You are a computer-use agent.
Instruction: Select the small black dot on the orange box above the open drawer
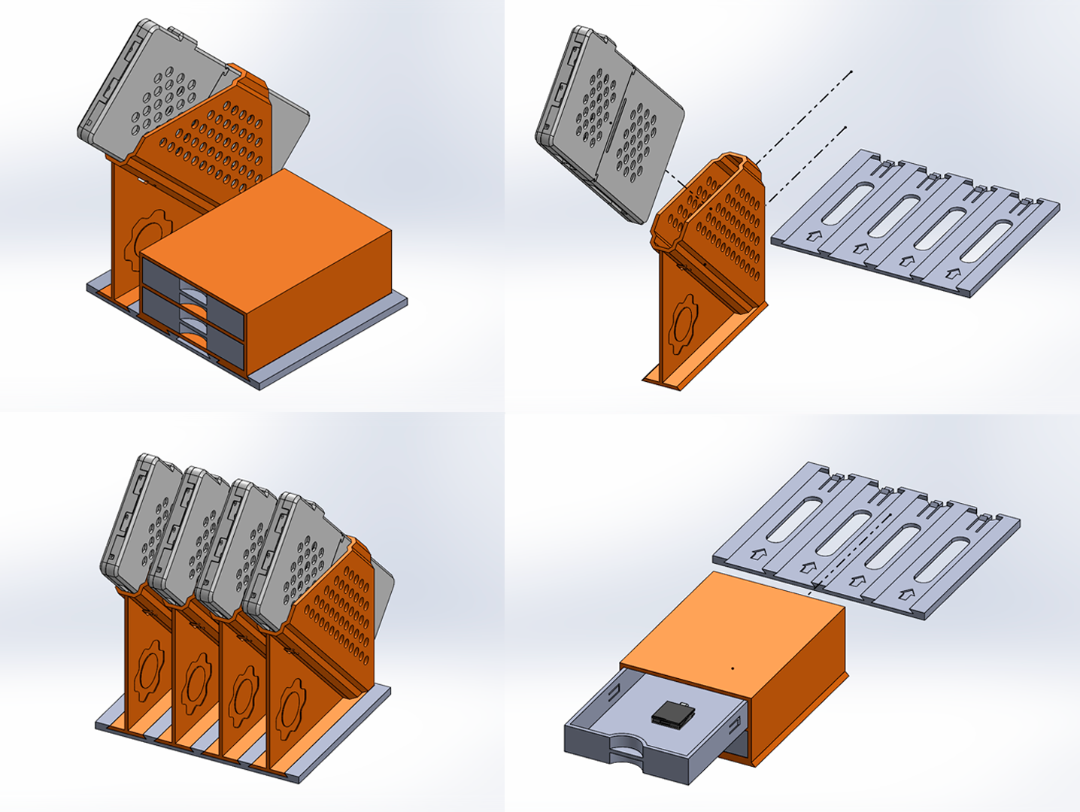point(733,666)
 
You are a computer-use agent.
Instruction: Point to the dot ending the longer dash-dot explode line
point(851,72)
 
